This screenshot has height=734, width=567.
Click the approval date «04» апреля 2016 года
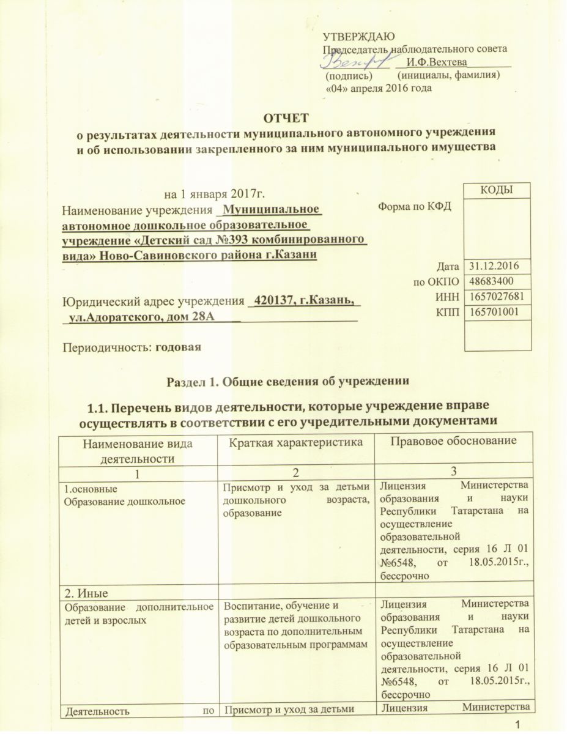click(x=377, y=88)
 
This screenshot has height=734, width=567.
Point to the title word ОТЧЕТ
click(x=286, y=117)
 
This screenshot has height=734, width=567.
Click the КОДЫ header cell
click(x=497, y=191)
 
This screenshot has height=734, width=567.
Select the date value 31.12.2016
click(x=491, y=267)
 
